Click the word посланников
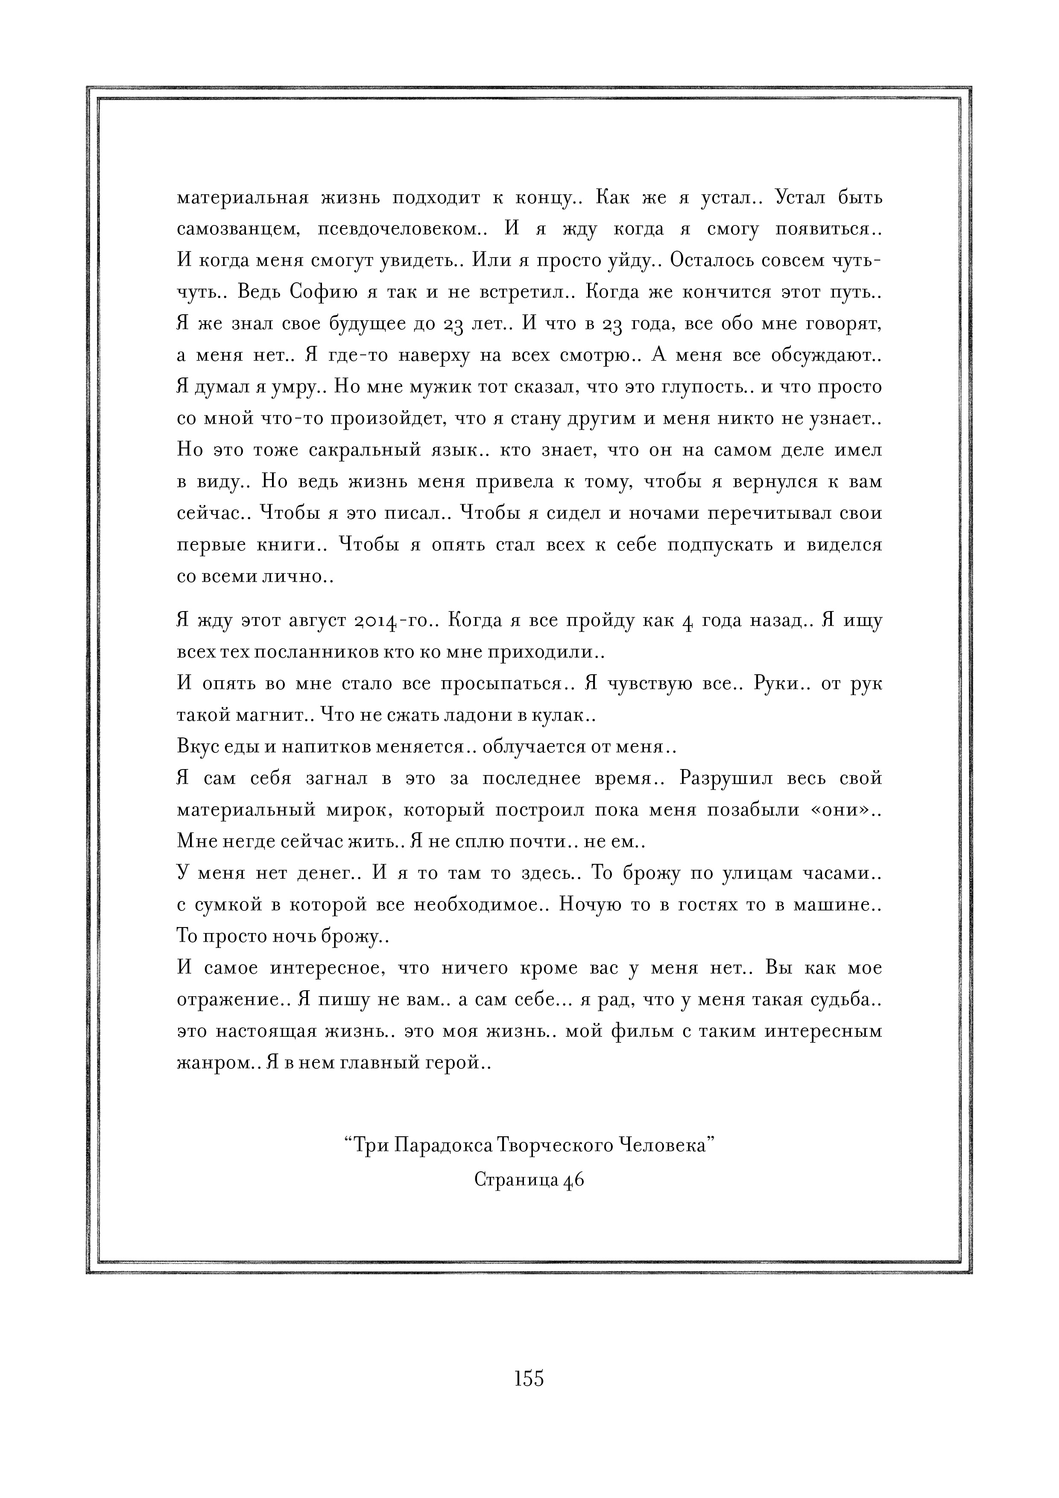[x=308, y=652]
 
